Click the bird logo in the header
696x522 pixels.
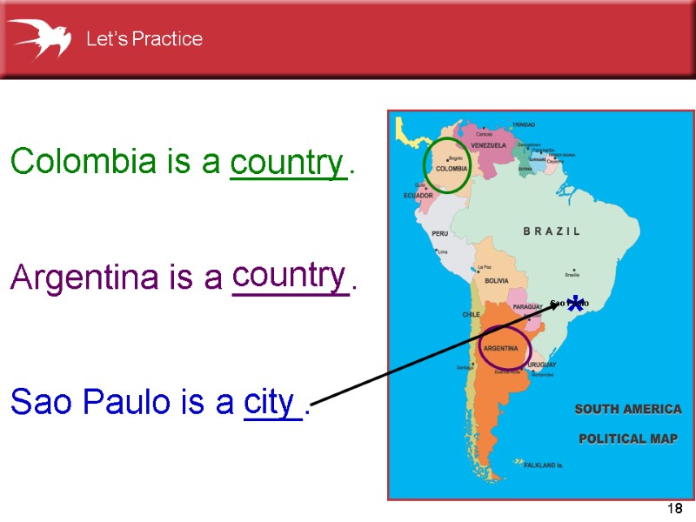(39, 38)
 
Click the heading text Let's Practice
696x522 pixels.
(144, 39)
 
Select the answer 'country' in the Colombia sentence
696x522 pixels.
(287, 162)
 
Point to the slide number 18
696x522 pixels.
(673, 507)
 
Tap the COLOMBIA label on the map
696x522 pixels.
(452, 169)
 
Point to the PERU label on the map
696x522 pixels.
(440, 233)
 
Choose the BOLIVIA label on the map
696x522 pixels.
(496, 281)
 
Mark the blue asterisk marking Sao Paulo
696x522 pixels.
(575, 305)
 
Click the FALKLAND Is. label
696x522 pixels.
(544, 465)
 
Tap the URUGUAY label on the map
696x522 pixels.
(540, 364)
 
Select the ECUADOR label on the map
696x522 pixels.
(418, 196)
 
